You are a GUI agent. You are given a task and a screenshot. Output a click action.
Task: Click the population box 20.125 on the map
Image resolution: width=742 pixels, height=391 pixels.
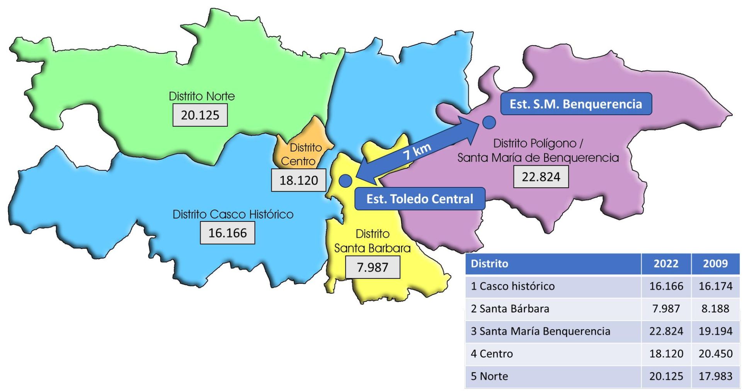200,115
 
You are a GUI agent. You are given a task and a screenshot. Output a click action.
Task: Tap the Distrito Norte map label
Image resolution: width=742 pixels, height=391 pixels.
202,96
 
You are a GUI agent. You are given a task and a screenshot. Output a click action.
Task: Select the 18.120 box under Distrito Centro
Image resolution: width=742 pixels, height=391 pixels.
298,180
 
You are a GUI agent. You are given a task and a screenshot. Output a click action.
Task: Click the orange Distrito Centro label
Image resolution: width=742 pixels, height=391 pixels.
302,154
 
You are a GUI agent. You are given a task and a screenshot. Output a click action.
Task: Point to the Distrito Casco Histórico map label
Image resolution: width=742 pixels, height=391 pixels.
233,214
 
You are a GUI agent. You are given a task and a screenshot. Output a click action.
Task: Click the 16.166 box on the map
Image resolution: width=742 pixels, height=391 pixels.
227,233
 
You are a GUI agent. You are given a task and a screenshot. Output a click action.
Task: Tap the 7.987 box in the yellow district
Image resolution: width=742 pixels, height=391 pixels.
372,267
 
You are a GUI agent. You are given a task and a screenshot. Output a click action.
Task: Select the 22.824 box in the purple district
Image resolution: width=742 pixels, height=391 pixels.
541,177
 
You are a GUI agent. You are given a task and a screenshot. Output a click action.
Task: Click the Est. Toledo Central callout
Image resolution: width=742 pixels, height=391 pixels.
420,199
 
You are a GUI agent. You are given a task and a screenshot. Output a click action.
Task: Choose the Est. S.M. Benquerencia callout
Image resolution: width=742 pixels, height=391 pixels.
576,104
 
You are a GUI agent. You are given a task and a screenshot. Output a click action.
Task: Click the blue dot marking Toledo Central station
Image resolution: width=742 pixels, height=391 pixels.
345,180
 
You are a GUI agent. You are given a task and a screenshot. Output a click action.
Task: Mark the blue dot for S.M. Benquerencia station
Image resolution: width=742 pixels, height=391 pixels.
489,122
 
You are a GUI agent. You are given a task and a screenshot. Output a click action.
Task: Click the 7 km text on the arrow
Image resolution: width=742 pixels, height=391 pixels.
417,151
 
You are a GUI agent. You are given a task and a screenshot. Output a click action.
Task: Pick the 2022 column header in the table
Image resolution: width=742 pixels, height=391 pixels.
666,263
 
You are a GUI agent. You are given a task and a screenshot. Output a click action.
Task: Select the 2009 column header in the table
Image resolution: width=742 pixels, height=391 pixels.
715,263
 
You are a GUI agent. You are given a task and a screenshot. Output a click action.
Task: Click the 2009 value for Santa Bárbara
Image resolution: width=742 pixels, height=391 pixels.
715,309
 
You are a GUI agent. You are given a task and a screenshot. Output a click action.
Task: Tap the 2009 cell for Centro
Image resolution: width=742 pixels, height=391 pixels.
715,354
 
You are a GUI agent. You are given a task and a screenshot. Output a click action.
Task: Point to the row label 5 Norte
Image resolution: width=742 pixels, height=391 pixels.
489,376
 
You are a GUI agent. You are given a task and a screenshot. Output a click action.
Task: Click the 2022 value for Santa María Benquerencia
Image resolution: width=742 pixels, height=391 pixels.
666,331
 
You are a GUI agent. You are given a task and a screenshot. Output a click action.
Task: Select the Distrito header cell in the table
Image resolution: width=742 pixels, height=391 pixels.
489,263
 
